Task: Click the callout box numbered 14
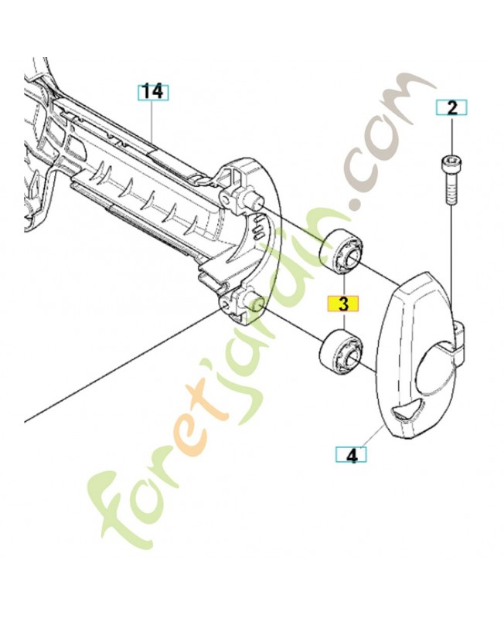(x=153, y=92)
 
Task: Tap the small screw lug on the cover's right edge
(x=461, y=338)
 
